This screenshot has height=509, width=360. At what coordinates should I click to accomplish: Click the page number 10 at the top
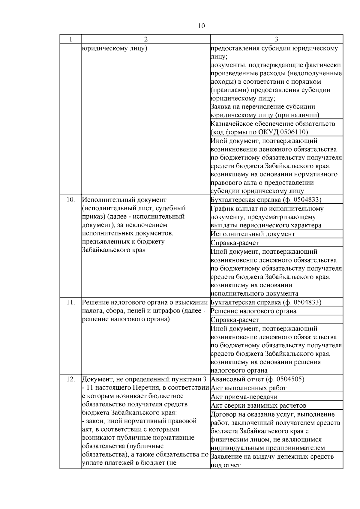tap(202, 26)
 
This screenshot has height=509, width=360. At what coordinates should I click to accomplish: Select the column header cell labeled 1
tap(70, 39)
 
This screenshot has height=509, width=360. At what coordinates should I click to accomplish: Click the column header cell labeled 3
tap(276, 39)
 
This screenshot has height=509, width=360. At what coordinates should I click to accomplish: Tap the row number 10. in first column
tap(70, 200)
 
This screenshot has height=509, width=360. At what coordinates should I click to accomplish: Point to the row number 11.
tap(70, 302)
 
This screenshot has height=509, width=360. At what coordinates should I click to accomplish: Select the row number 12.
tap(70, 379)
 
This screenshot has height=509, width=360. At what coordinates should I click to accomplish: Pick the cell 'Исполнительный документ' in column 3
tap(253, 234)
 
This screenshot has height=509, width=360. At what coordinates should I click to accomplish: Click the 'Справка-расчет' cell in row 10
tap(235, 243)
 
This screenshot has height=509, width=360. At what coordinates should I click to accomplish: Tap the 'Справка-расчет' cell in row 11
tap(235, 320)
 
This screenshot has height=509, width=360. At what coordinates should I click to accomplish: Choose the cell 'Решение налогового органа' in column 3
tap(253, 311)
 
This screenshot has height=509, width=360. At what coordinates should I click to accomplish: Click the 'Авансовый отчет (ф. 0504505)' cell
tap(257, 379)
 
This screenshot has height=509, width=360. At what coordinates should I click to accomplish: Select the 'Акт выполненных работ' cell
tap(248, 388)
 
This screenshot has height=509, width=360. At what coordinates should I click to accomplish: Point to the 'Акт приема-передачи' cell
tap(244, 397)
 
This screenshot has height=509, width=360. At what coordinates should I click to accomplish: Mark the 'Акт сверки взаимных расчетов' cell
tap(258, 406)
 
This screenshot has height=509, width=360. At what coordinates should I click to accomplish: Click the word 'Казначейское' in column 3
tap(231, 124)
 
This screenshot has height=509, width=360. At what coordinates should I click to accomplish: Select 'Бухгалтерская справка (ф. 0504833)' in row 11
tap(266, 302)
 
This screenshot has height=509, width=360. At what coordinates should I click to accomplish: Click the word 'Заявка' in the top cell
tap(220, 107)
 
